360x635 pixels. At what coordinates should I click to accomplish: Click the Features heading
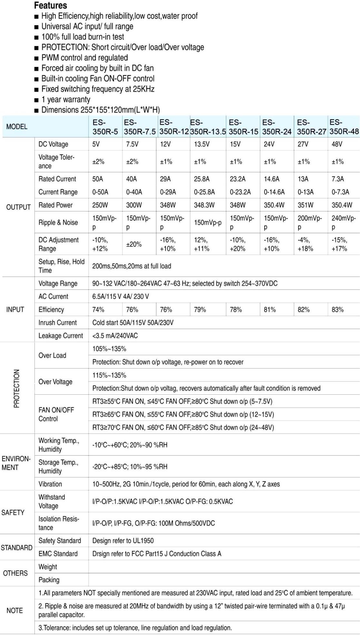click(x=50, y=5)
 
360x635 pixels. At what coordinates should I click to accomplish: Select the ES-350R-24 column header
click(x=277, y=127)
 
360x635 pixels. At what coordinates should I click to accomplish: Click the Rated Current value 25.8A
click(x=201, y=179)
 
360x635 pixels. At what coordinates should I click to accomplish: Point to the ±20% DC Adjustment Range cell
click(x=134, y=245)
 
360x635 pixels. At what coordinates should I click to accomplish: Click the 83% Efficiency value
click(x=337, y=310)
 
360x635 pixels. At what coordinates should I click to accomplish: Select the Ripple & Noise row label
click(x=58, y=223)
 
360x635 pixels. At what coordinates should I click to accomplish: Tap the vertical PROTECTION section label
click(x=16, y=389)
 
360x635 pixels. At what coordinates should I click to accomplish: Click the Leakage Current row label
click(x=61, y=336)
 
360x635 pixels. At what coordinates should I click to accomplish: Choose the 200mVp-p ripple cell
click(x=309, y=223)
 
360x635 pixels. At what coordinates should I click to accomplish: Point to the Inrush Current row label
click(x=57, y=323)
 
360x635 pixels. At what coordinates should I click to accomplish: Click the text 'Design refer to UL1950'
click(x=123, y=541)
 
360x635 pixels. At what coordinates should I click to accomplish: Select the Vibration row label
click(x=50, y=484)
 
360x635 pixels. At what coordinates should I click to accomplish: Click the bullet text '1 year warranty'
click(x=66, y=100)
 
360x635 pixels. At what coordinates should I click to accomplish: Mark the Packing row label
click(x=49, y=580)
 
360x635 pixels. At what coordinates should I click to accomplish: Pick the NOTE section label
click(x=15, y=611)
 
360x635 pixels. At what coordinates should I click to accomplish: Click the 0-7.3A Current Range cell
click(x=340, y=192)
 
